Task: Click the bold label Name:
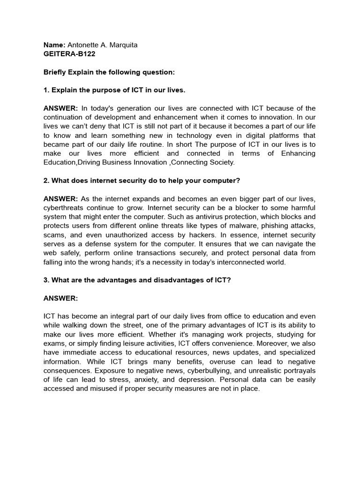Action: click(x=54, y=45)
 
